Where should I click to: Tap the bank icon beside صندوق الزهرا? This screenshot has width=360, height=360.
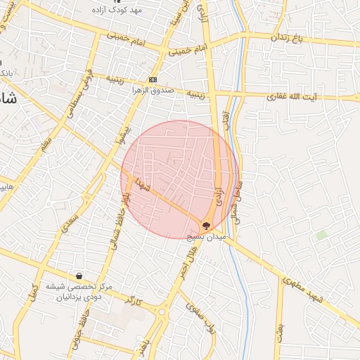[x=153, y=79]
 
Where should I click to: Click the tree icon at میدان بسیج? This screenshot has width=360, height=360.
[x=205, y=226]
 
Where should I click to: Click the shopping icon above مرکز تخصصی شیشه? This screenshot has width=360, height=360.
[x=79, y=276]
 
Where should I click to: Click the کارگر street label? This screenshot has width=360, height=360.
[x=133, y=301]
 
